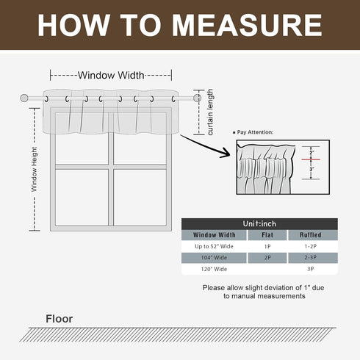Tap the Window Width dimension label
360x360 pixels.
tap(111, 75)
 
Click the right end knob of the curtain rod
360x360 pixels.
tap(197, 97)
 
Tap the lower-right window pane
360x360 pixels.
tap(140, 197)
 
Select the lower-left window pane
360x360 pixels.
tap(82, 197)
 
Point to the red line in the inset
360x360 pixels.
tap(311, 159)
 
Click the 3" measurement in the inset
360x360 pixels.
tap(312, 169)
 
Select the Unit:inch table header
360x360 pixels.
tap(259, 223)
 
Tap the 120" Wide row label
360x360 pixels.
tap(210, 270)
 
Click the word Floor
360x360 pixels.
tap(60, 319)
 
